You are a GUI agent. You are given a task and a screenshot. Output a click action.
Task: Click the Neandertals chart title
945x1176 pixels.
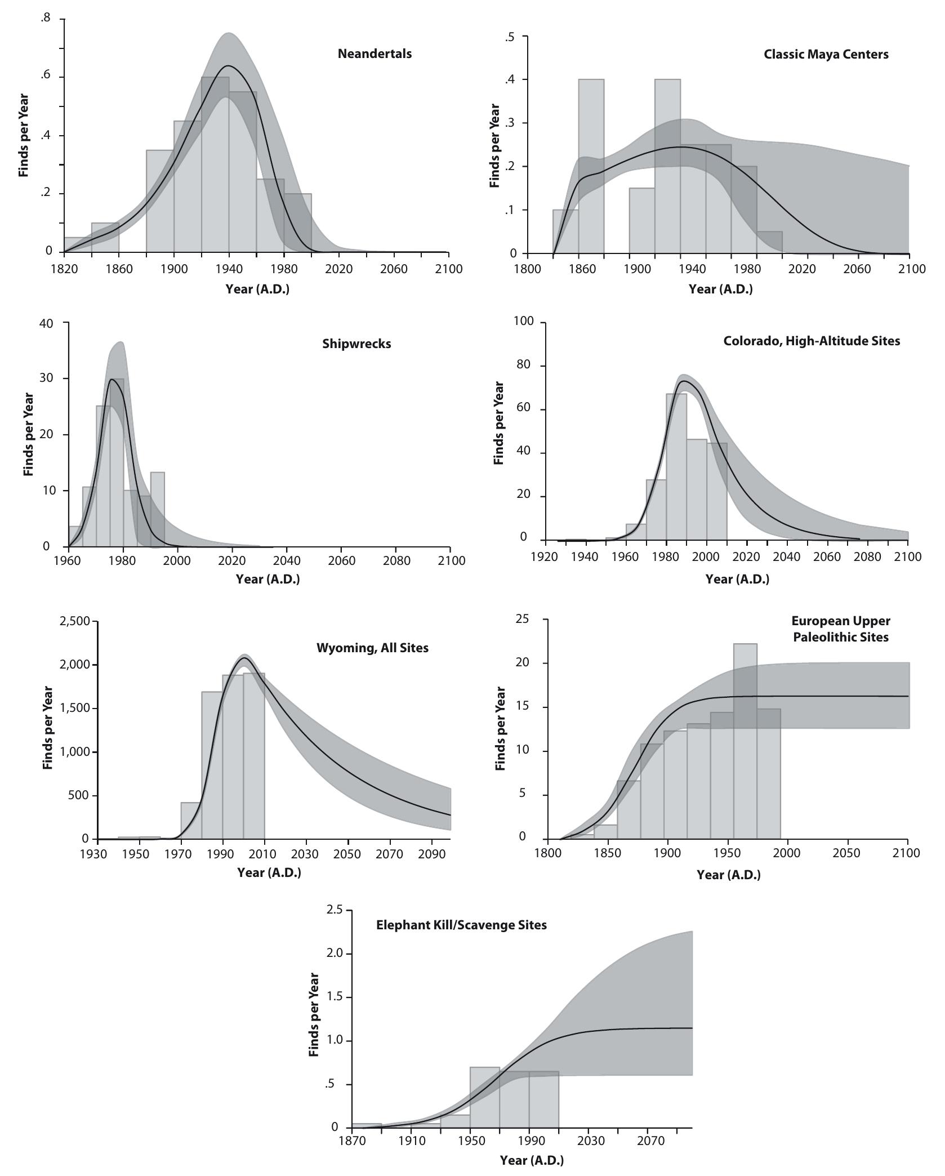tap(375, 54)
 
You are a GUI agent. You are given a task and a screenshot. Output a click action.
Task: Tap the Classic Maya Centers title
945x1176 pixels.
tap(826, 55)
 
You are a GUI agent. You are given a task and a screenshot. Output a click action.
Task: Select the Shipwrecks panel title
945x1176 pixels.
tap(356, 344)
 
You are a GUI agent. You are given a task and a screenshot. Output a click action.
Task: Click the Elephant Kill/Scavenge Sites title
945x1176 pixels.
tap(461, 925)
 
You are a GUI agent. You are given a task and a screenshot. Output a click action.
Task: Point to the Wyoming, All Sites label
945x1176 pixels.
tap(372, 648)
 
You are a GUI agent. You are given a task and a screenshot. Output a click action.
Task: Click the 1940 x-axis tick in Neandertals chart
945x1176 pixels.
tap(229, 269)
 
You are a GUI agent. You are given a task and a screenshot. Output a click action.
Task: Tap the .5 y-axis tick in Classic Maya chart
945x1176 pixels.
tap(510, 37)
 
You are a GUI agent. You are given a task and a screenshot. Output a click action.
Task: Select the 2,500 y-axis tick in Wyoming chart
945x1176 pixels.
tap(74, 621)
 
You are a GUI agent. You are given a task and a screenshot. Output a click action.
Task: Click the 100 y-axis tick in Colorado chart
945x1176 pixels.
tap(523, 322)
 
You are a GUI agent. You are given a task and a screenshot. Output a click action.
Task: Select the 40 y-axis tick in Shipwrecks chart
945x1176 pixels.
tap(46, 323)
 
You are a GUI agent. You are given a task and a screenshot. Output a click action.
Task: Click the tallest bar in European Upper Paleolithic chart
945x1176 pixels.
tap(745, 743)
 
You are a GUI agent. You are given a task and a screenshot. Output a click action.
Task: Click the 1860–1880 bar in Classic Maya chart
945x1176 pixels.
tap(591, 169)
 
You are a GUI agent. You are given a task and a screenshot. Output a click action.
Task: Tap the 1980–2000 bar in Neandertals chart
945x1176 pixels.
tap(297, 225)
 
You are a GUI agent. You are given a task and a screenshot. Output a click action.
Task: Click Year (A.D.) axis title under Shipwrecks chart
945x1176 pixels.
tap(268, 579)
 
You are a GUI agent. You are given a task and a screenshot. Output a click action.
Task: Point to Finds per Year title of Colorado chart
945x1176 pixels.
tap(498, 423)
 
